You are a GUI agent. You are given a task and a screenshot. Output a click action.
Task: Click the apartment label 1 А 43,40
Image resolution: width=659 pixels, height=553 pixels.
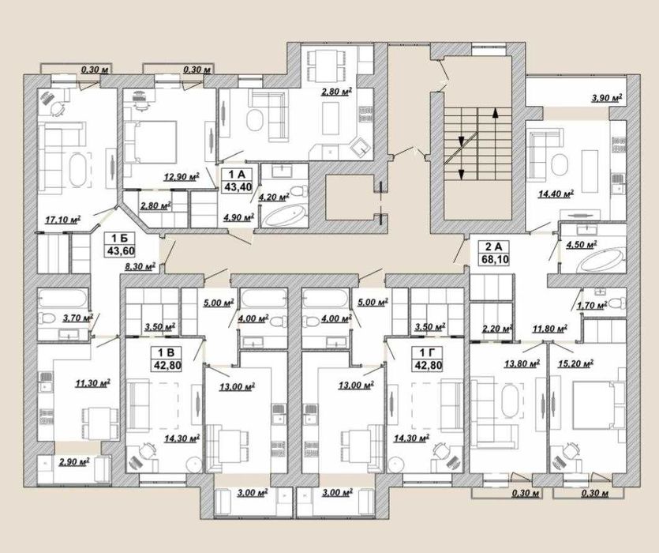click(x=238, y=180)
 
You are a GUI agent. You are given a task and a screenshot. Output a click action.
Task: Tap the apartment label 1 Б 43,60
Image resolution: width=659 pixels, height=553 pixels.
click(x=119, y=246)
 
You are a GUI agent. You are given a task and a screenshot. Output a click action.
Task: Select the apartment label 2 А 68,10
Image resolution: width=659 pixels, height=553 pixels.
click(x=494, y=253)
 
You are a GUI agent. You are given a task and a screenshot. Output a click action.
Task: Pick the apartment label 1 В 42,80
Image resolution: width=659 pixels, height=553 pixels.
click(x=167, y=359)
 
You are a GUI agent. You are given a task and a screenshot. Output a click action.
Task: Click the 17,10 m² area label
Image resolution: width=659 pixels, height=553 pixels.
click(x=63, y=219)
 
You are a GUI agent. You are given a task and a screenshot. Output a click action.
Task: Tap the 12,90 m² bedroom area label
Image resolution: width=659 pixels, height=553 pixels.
click(x=182, y=176)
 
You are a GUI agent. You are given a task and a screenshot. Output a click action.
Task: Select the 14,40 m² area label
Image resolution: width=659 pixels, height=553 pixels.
click(x=556, y=194)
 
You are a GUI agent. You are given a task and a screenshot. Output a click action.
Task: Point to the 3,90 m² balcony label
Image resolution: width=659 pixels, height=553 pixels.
click(x=606, y=99)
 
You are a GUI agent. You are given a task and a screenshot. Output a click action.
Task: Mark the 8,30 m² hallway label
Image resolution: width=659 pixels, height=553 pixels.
click(x=140, y=266)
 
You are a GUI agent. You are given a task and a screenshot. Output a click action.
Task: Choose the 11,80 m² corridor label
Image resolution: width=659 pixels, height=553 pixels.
click(x=550, y=328)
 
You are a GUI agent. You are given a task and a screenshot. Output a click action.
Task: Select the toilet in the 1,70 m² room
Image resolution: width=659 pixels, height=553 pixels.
click(x=616, y=303)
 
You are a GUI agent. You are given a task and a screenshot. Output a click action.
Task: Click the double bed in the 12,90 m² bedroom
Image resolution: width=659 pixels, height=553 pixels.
click(x=150, y=142)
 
